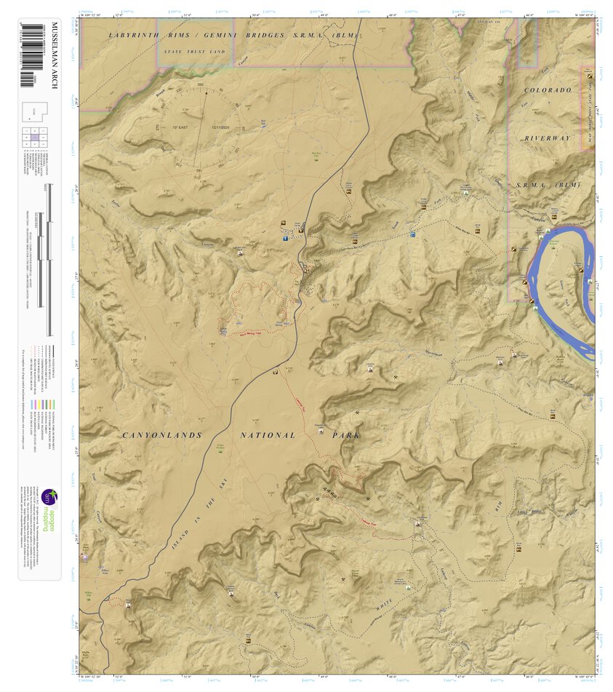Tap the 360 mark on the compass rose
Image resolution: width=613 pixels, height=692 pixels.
point(201,86)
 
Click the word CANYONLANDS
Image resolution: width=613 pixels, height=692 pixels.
point(157,435)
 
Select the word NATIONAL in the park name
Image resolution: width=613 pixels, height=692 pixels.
point(268,435)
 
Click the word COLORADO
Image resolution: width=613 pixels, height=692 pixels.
point(548,90)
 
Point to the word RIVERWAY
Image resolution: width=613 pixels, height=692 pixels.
point(548,138)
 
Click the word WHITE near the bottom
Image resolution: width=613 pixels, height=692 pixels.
point(385,604)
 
